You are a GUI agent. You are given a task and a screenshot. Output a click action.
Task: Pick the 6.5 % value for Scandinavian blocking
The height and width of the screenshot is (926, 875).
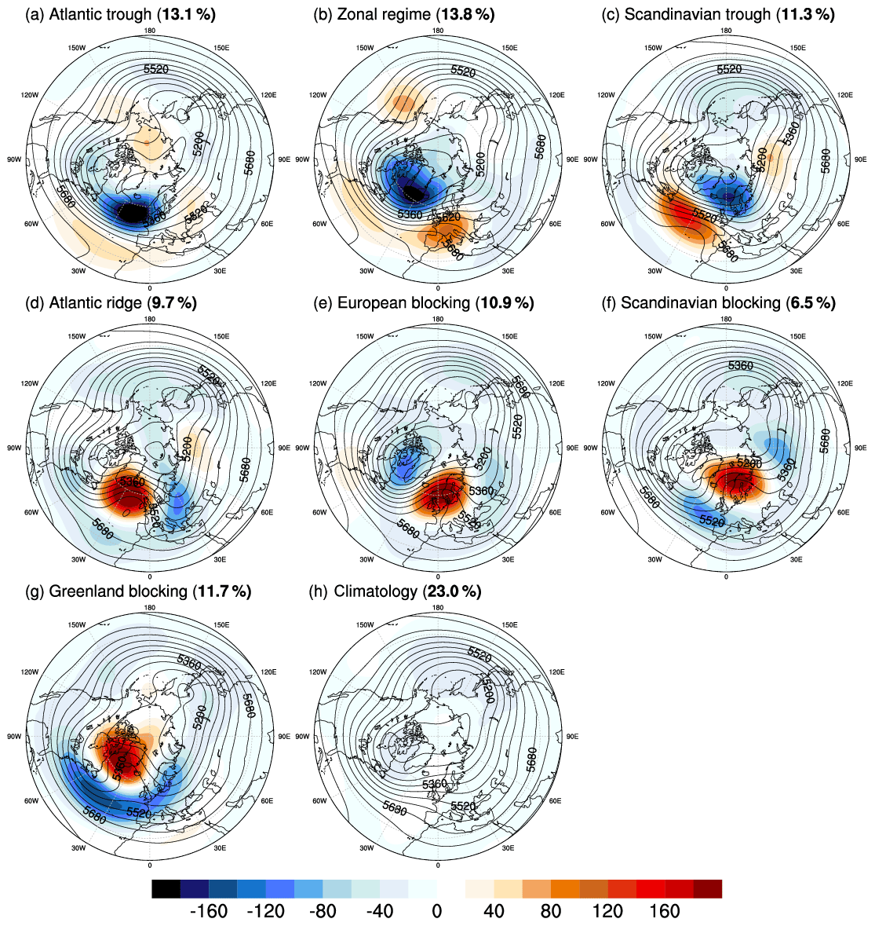(x=811, y=302)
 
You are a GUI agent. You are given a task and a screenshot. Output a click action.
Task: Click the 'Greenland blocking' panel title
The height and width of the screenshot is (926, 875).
(x=118, y=591)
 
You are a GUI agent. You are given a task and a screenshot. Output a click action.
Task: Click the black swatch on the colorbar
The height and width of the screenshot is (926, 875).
(x=166, y=888)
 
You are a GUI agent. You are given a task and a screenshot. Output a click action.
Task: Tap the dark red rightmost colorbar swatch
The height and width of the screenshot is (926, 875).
(x=707, y=888)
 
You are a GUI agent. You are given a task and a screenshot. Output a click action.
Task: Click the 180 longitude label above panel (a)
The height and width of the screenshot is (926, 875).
(x=149, y=31)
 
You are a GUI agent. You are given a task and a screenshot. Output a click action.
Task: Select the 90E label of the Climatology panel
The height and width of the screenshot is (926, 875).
(x=571, y=736)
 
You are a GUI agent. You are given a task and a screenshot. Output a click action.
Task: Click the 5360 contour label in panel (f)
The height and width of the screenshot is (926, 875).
(x=741, y=366)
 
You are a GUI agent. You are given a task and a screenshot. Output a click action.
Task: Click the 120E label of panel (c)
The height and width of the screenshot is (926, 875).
(x=844, y=94)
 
